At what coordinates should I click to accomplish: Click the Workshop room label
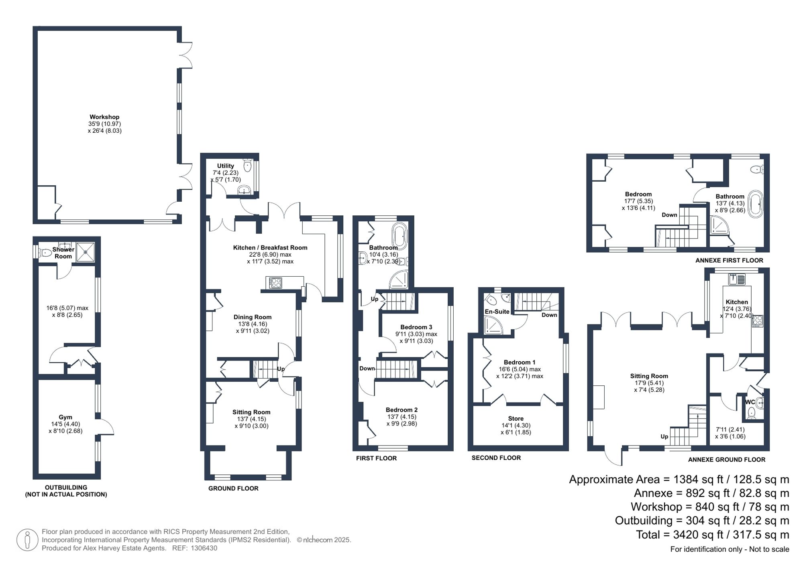click(x=104, y=117)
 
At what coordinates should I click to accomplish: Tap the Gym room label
click(x=65, y=417)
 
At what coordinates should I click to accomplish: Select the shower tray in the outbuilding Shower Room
click(x=86, y=252)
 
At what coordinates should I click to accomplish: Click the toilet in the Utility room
click(x=247, y=165)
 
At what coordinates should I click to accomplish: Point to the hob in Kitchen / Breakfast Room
click(x=275, y=283)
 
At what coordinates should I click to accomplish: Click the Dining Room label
click(x=253, y=317)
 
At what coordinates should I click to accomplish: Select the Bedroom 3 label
click(x=416, y=327)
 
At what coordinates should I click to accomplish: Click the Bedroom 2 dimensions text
click(x=401, y=420)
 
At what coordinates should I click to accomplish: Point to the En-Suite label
click(x=497, y=312)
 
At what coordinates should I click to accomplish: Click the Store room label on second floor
click(x=516, y=418)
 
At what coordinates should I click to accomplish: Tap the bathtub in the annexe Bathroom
click(x=756, y=204)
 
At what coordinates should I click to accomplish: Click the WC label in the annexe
click(x=750, y=402)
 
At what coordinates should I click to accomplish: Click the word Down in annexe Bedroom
click(x=669, y=215)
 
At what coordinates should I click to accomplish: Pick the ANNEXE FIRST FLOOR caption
click(x=729, y=260)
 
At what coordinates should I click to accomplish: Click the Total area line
click(x=712, y=535)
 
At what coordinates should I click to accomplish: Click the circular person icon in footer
click(x=27, y=540)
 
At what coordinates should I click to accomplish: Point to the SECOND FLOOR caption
click(x=496, y=458)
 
